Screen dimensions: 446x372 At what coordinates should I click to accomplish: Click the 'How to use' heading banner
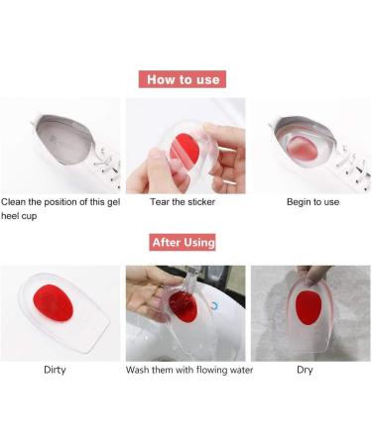186,79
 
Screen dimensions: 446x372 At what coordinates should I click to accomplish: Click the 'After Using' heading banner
184,241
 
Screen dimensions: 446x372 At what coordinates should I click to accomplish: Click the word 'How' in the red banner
162,79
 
